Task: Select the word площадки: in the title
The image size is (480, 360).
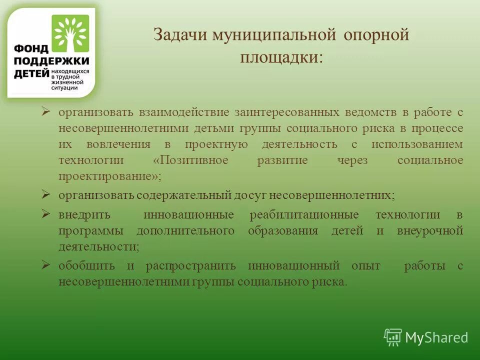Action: pyautogui.click(x=281, y=57)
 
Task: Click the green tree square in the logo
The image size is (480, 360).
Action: pyautogui.click(x=71, y=33)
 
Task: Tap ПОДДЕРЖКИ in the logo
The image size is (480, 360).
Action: pyautogui.click(x=51, y=61)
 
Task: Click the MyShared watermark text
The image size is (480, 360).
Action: pyautogui.click(x=436, y=337)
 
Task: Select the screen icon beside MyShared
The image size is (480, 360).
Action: pyautogui.click(x=393, y=337)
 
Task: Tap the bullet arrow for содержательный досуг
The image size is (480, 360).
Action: pyautogui.click(x=45, y=194)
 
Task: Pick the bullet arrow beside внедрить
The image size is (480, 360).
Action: pyautogui.click(x=45, y=214)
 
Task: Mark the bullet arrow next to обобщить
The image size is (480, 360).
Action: pyautogui.click(x=45, y=265)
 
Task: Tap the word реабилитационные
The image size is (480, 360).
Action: pyautogui.click(x=303, y=215)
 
